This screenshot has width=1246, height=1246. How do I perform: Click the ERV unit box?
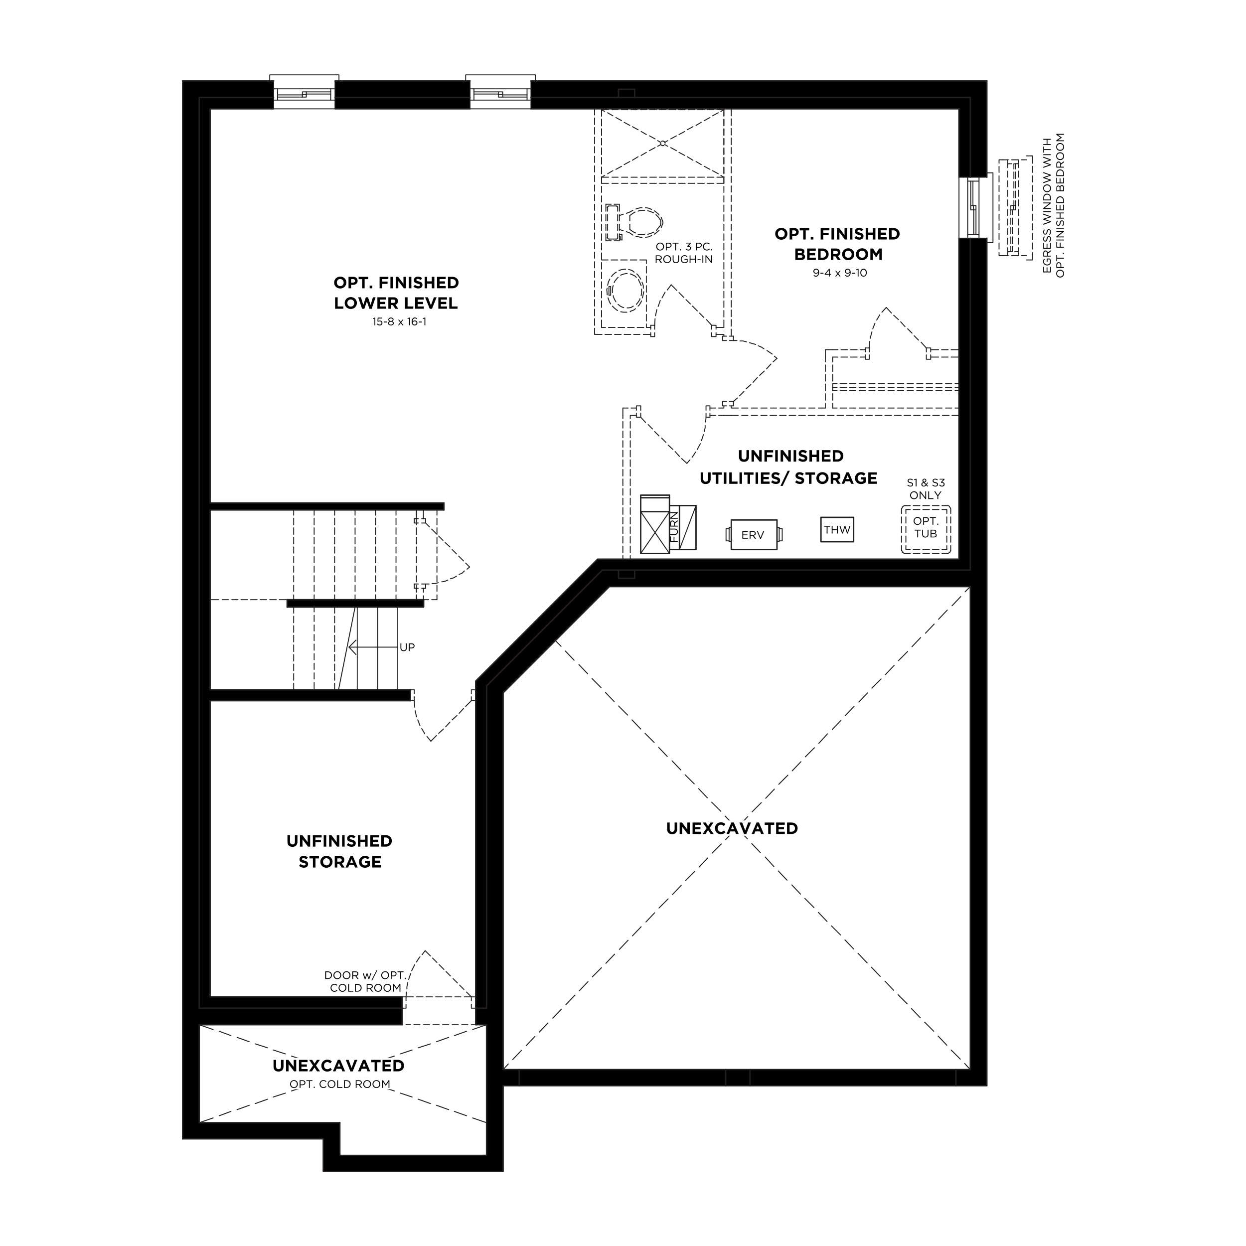[753, 535]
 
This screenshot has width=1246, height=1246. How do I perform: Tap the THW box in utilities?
[837, 529]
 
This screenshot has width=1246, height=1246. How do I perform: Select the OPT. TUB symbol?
[926, 529]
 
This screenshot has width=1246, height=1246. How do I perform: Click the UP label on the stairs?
[407, 647]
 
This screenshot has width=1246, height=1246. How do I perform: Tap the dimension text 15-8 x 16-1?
[399, 321]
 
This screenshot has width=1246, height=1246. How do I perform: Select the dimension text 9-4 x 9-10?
[840, 273]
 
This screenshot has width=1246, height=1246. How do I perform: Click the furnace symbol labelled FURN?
[668, 524]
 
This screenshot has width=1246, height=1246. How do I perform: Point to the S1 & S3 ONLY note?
[926, 489]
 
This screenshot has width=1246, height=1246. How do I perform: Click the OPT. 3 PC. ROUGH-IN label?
[684, 253]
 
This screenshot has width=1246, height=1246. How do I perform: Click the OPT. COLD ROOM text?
[340, 1084]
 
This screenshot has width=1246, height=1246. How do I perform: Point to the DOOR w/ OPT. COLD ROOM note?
[365, 981]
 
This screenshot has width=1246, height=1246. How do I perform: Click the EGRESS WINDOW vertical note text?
[1054, 205]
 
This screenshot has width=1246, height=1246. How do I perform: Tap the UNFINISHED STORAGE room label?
[339, 851]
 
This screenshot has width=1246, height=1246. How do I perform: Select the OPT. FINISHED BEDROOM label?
[837, 244]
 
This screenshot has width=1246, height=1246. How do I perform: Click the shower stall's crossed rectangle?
[662, 143]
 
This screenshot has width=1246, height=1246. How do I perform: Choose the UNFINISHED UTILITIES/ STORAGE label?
[789, 467]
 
